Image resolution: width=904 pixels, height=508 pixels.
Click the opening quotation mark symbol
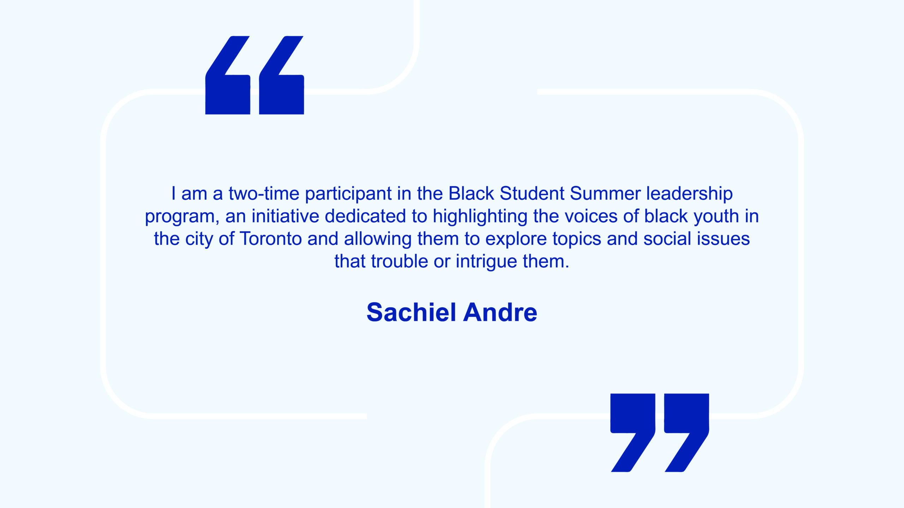tap(255, 75)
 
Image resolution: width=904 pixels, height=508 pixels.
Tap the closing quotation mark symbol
tap(660, 433)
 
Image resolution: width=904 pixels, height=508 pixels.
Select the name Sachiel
tap(412, 312)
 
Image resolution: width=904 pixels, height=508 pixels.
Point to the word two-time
tap(264, 193)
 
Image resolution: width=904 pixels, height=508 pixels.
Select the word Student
tap(532, 193)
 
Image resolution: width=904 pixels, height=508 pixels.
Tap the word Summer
tap(605, 193)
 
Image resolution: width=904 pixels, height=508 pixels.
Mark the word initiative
tap(285, 216)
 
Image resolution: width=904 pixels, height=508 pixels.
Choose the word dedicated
tap(365, 216)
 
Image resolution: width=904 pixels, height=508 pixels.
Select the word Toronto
tap(271, 238)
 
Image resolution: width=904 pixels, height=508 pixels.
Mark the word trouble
tap(399, 261)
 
